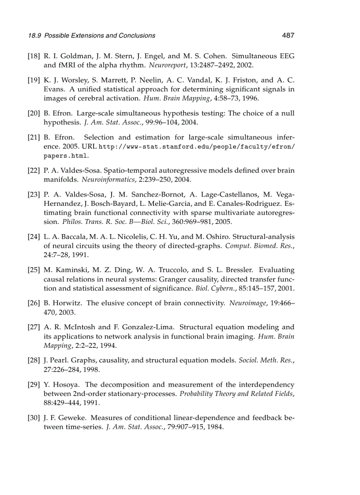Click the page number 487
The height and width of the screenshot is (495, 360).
(x=288, y=35)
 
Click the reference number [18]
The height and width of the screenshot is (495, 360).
(x=34, y=56)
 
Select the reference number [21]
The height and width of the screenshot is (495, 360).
(x=34, y=138)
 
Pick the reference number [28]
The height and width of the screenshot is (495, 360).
(x=34, y=361)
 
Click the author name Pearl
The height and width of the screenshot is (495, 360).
(x=59, y=361)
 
